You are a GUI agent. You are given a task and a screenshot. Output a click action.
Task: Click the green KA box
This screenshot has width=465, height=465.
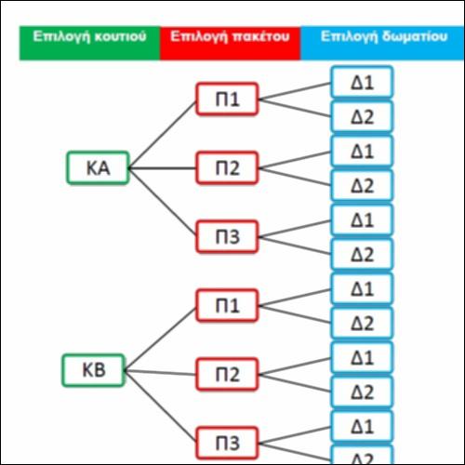click(x=98, y=168)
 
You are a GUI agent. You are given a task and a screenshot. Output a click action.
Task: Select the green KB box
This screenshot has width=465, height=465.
click(x=94, y=370)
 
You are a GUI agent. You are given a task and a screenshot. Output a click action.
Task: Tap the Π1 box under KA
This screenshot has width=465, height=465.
click(x=227, y=100)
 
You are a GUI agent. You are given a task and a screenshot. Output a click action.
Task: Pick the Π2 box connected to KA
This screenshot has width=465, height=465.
click(x=227, y=168)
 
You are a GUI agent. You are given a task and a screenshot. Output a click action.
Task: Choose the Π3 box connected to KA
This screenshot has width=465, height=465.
click(x=227, y=237)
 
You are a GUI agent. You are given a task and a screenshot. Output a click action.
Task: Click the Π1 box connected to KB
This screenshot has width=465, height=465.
click(x=227, y=306)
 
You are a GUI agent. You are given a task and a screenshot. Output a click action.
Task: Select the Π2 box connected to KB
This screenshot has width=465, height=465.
click(x=227, y=375)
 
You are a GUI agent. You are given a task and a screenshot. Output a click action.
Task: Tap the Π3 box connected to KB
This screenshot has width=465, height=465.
click(x=227, y=444)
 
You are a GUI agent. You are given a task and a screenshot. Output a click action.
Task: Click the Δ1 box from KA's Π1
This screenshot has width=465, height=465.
click(x=362, y=82)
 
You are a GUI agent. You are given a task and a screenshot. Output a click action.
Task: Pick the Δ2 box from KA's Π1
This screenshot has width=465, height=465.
click(x=362, y=116)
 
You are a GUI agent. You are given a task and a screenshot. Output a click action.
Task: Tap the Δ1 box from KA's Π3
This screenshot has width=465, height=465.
click(x=362, y=219)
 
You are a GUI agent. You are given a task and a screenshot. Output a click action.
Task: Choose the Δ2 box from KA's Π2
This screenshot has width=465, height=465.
click(x=362, y=185)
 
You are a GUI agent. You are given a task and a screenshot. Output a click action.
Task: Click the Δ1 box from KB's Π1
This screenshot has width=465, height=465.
click(x=362, y=288)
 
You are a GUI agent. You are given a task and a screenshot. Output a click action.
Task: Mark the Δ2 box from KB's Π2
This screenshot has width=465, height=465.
click(x=362, y=392)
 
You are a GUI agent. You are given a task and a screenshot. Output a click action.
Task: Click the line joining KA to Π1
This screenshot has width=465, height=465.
click(x=163, y=135)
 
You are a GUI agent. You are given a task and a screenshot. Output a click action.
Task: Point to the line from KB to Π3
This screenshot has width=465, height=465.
click(x=160, y=406)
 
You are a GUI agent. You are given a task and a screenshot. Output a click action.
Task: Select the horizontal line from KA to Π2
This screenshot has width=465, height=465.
click(x=163, y=168)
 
